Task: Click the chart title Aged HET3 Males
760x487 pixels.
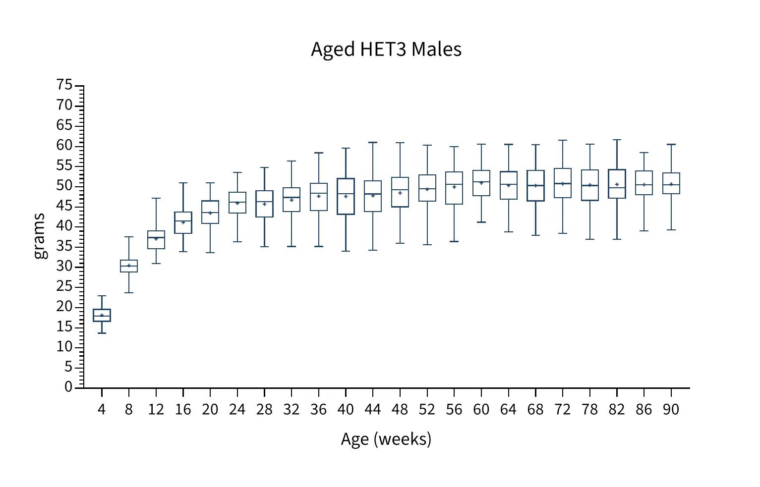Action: pyautogui.click(x=386, y=50)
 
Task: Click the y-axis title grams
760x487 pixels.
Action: pyautogui.click(x=40, y=236)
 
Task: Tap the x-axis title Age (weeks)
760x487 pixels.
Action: pyautogui.click(x=386, y=439)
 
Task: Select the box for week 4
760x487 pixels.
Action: pyautogui.click(x=102, y=315)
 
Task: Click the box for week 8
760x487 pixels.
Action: pyautogui.click(x=129, y=266)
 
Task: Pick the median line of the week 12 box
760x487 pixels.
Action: pyautogui.click(x=156, y=237)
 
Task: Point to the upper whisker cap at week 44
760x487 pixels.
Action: pyautogui.click(x=373, y=142)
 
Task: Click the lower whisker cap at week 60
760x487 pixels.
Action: pyautogui.click(x=481, y=222)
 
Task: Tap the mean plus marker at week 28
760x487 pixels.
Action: pyautogui.click(x=264, y=204)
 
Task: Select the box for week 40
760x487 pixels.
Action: pyautogui.click(x=346, y=196)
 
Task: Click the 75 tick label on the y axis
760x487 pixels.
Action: pyautogui.click(x=64, y=85)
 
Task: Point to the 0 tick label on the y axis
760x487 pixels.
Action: pyautogui.click(x=68, y=387)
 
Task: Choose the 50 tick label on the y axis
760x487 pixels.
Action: pyautogui.click(x=64, y=186)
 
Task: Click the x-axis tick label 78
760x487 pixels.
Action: pyautogui.click(x=589, y=410)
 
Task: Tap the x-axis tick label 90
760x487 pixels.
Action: pyautogui.click(x=671, y=410)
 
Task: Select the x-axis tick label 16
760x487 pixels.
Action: pyautogui.click(x=183, y=410)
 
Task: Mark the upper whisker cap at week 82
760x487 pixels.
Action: pyautogui.click(x=617, y=140)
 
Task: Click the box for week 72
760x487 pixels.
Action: pyautogui.click(x=563, y=183)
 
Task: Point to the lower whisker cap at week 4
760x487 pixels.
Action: pyautogui.click(x=102, y=333)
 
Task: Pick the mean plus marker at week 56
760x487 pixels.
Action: pyautogui.click(x=454, y=187)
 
